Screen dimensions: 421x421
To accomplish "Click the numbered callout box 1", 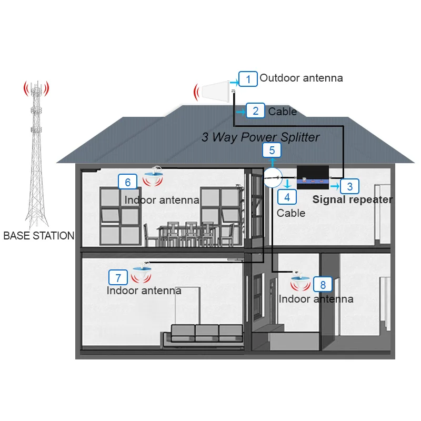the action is click(x=248, y=79).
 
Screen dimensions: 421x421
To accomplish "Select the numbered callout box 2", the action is click(x=255, y=111).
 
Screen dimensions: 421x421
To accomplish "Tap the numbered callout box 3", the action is click(x=349, y=186).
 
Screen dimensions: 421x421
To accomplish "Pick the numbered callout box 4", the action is click(x=287, y=197).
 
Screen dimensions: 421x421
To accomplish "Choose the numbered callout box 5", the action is click(x=272, y=150).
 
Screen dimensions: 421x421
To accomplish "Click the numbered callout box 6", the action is click(x=127, y=182).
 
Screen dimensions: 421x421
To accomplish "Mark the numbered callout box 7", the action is click(x=118, y=277).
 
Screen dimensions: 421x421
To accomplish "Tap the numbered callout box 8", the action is click(x=323, y=285).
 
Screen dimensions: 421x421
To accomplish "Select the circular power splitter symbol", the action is click(x=273, y=179).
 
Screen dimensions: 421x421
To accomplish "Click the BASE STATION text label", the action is click(x=39, y=236).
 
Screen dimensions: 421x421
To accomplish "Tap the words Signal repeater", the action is click(x=353, y=199).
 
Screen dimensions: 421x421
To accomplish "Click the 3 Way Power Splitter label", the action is click(x=260, y=137).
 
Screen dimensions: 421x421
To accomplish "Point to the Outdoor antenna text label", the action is click(x=301, y=78).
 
